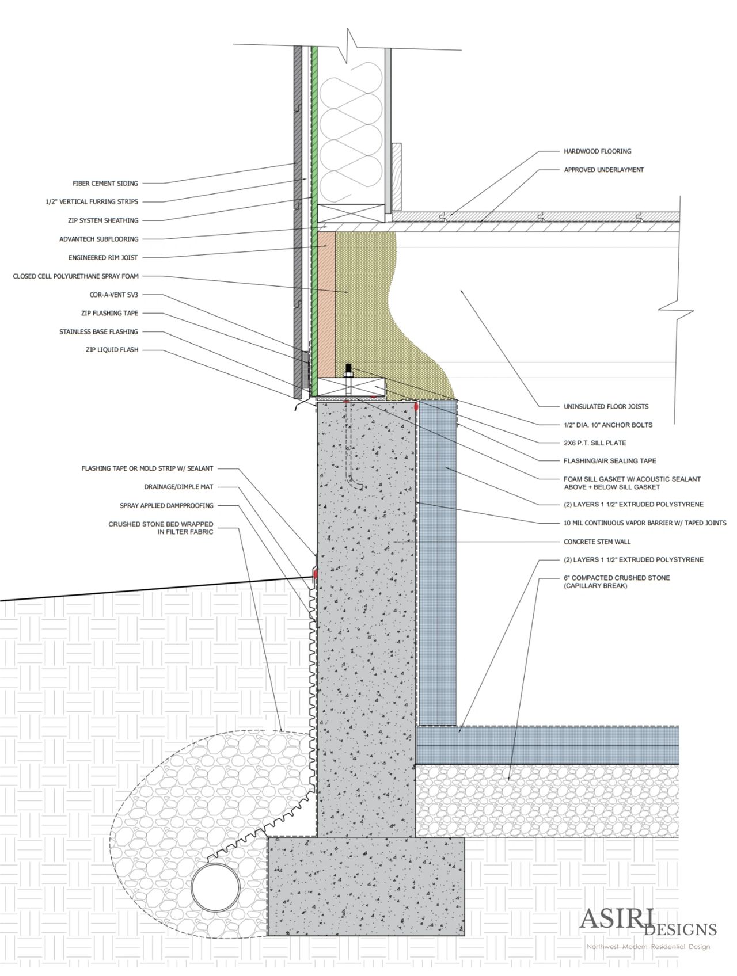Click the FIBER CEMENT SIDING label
(x=105, y=184)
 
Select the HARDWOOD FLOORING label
(x=597, y=151)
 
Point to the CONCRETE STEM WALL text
(x=597, y=542)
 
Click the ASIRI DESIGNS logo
(x=647, y=921)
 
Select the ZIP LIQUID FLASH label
(x=112, y=350)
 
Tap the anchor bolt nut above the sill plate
(x=348, y=368)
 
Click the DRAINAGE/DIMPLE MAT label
(x=178, y=487)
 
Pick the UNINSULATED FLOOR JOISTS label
(x=606, y=406)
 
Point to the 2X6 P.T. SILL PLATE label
(x=595, y=443)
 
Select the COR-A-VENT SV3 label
(x=114, y=295)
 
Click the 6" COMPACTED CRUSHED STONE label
(x=616, y=578)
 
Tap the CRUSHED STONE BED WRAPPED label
(x=161, y=524)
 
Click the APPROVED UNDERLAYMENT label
(x=603, y=170)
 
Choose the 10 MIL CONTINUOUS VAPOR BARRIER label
(x=645, y=523)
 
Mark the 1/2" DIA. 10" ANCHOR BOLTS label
(x=608, y=425)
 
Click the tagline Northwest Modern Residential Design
(x=648, y=947)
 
